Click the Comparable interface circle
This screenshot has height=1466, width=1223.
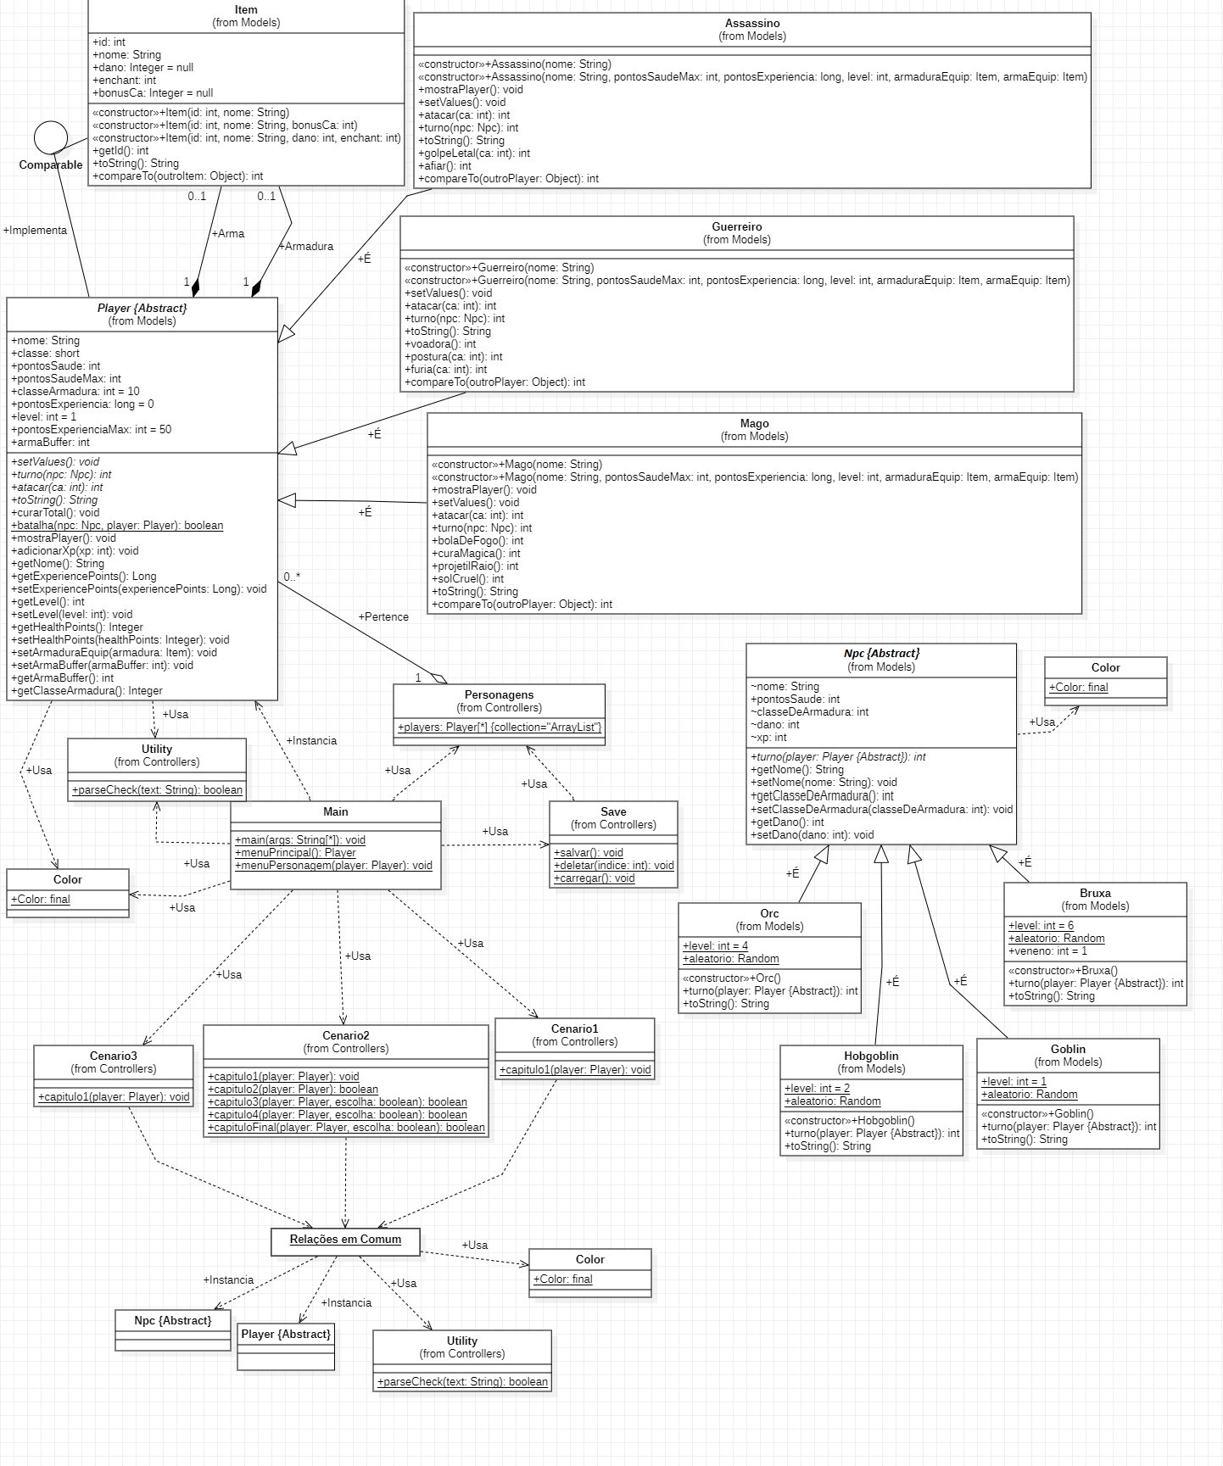(x=51, y=137)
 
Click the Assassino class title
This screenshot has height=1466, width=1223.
(x=751, y=24)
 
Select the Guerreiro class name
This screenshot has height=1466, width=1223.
(x=736, y=227)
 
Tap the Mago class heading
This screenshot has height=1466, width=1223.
(x=754, y=424)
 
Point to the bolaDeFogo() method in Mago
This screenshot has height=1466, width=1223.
(x=477, y=541)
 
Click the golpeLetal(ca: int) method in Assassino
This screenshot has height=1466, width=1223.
(x=474, y=153)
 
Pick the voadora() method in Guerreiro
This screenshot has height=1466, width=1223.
(x=440, y=344)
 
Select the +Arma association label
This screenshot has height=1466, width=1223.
(x=227, y=234)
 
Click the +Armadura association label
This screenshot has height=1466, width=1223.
(x=305, y=247)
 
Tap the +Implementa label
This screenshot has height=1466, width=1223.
(x=35, y=231)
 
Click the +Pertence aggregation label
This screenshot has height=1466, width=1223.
(x=383, y=617)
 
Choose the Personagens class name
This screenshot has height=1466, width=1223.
(x=499, y=695)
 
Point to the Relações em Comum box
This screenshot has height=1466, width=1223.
(x=345, y=1240)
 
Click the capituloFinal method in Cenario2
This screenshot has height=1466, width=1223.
(x=346, y=1128)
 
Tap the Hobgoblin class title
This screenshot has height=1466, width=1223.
(x=871, y=1056)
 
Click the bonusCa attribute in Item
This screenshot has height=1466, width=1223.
(x=153, y=93)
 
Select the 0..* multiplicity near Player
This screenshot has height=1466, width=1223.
(x=293, y=577)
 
